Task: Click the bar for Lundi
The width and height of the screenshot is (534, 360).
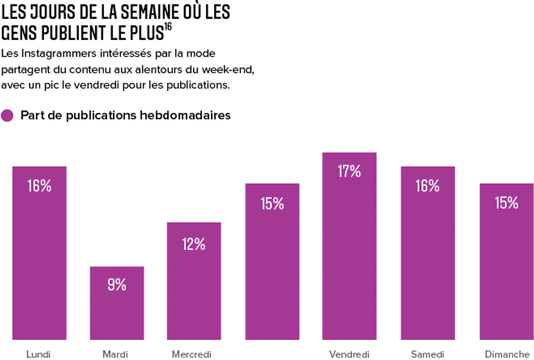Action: coord(39,253)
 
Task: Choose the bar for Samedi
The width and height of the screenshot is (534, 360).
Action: coord(427,253)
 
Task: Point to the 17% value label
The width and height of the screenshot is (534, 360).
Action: coord(349,172)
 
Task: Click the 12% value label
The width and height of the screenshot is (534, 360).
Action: coord(194,244)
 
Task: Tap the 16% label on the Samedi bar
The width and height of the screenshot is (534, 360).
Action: coord(427,186)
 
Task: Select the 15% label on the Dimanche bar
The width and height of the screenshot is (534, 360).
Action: coord(506,203)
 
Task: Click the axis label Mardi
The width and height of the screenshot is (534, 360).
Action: coord(115,354)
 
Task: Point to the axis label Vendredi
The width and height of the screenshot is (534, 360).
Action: coord(349,354)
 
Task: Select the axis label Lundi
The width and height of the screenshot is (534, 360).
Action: coord(38,354)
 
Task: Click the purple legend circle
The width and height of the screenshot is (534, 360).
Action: coord(7,116)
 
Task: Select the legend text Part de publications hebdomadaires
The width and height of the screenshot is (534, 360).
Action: coord(125,116)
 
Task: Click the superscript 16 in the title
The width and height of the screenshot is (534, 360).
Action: coord(167,26)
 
